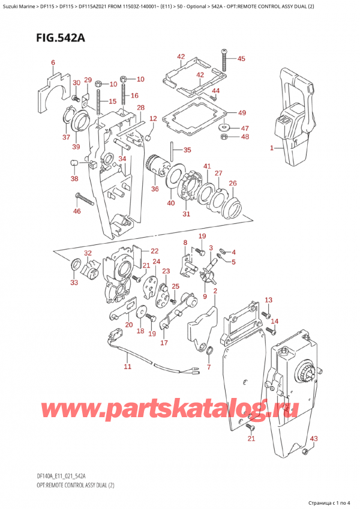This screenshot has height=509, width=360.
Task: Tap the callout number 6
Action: (x=53, y=62)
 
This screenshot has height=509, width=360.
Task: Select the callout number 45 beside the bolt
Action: (x=241, y=59)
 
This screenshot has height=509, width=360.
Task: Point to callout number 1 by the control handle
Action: (x=272, y=148)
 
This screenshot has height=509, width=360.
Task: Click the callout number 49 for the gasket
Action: (x=241, y=113)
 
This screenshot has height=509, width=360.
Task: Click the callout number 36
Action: (x=155, y=190)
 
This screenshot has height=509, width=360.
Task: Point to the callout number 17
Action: (x=164, y=343)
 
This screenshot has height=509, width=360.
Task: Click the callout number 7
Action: (x=208, y=367)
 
